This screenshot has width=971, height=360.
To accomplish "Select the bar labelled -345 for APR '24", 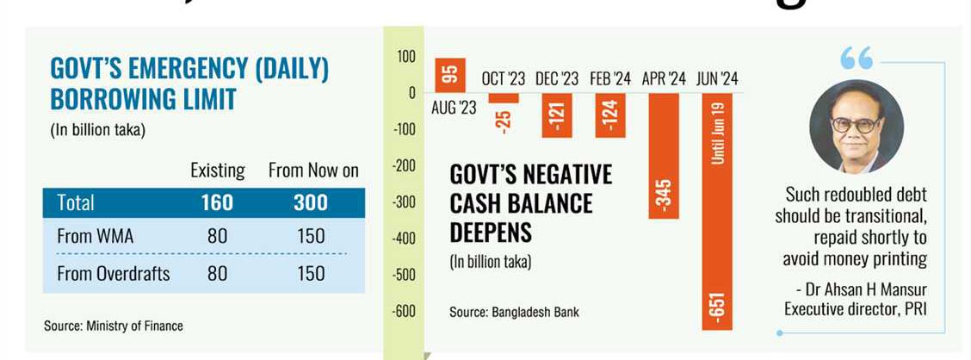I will pyautogui.click(x=664, y=155).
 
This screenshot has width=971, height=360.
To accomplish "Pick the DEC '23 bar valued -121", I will pyautogui.click(x=557, y=115).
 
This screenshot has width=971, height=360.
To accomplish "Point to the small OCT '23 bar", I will pyautogui.click(x=503, y=98).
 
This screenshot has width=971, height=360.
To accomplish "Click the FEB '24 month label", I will pyautogui.click(x=610, y=79).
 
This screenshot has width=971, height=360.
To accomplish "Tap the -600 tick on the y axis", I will pyautogui.click(x=404, y=311).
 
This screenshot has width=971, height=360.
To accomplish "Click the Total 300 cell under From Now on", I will pyautogui.click(x=311, y=202).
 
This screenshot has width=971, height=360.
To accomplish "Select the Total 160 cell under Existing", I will pyautogui.click(x=216, y=202).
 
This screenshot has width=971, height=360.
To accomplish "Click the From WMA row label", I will pyautogui.click(x=96, y=235).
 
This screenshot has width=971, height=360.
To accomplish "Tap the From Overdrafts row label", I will pyautogui.click(x=113, y=274).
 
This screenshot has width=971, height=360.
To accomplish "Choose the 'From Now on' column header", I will pyautogui.click(x=313, y=171).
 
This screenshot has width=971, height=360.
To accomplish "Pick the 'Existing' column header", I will pyautogui.click(x=217, y=171).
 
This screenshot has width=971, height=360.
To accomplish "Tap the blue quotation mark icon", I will pyautogui.click(x=857, y=59).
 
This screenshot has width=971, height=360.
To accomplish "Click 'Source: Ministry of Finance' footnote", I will pyautogui.click(x=114, y=326).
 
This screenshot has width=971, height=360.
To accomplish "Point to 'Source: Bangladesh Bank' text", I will pyautogui.click(x=514, y=312).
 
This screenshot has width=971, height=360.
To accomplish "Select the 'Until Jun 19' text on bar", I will pyautogui.click(x=718, y=133).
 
